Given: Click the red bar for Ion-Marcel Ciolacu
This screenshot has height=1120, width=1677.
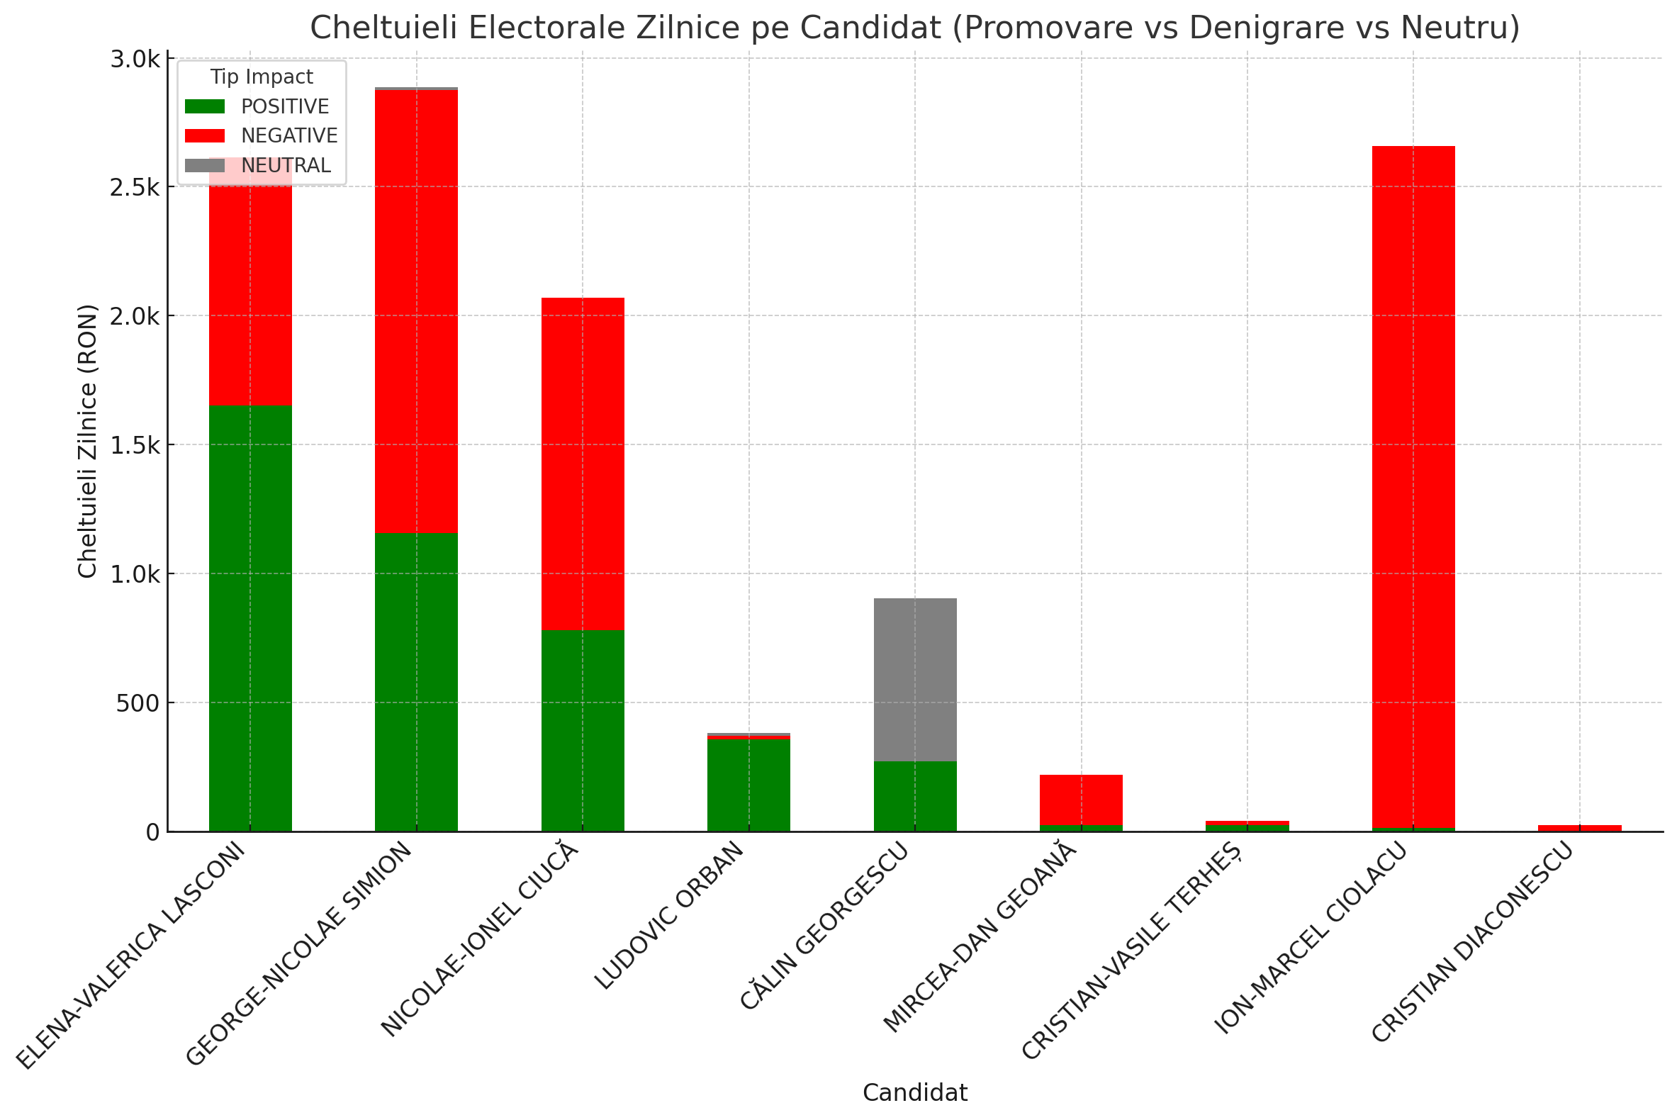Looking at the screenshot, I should click(1413, 486).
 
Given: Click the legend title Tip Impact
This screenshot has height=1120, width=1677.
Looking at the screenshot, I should click(262, 77).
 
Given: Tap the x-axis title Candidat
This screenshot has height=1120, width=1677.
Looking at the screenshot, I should click(915, 1093).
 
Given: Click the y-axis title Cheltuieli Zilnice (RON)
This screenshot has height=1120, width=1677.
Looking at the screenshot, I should click(87, 441).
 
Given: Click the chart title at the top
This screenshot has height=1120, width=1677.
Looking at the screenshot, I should click(915, 27).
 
